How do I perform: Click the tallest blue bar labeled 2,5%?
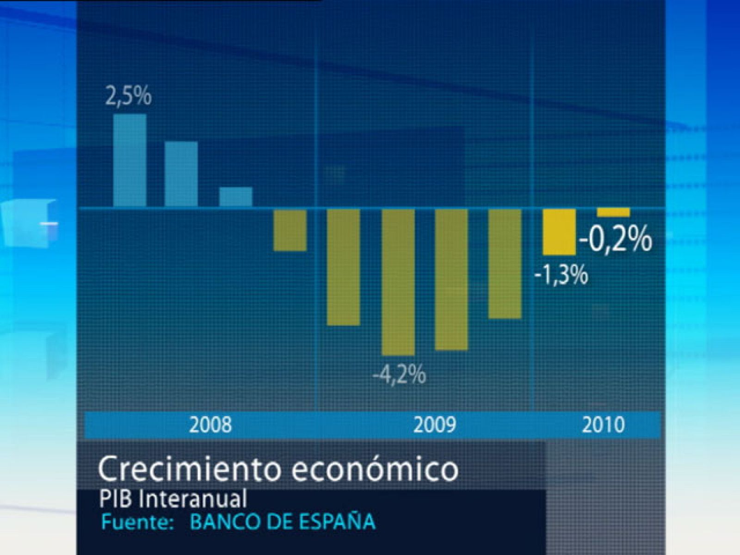pyautogui.click(x=130, y=160)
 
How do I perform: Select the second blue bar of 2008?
pyautogui.click(x=181, y=173)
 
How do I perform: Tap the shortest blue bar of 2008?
pyautogui.click(x=236, y=197)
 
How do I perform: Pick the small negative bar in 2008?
pyautogui.click(x=290, y=230)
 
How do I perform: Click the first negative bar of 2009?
pyautogui.click(x=343, y=267)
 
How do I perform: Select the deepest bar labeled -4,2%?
pyautogui.click(x=398, y=282)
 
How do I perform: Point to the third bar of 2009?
pyautogui.click(x=451, y=279)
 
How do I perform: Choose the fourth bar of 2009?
pyautogui.click(x=505, y=264)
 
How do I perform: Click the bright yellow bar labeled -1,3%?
pyautogui.click(x=559, y=232)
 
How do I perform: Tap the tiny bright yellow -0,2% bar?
pyautogui.click(x=613, y=213)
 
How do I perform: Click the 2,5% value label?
pyautogui.click(x=128, y=97)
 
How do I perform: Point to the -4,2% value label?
pyautogui.click(x=399, y=375)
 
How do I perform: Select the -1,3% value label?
pyautogui.click(x=561, y=275)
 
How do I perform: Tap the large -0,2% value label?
pyautogui.click(x=615, y=240)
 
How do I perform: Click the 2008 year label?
pyautogui.click(x=210, y=425)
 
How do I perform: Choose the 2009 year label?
pyautogui.click(x=434, y=425)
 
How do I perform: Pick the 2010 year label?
pyautogui.click(x=603, y=425)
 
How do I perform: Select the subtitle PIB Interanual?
pyautogui.click(x=173, y=499)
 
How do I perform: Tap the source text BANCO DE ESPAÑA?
pyautogui.click(x=283, y=522)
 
